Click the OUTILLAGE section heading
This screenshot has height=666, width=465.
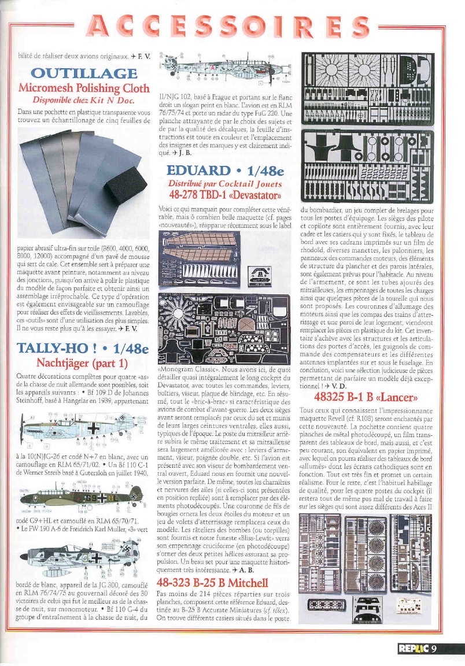(84, 74)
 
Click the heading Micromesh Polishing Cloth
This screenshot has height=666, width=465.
(84, 89)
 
